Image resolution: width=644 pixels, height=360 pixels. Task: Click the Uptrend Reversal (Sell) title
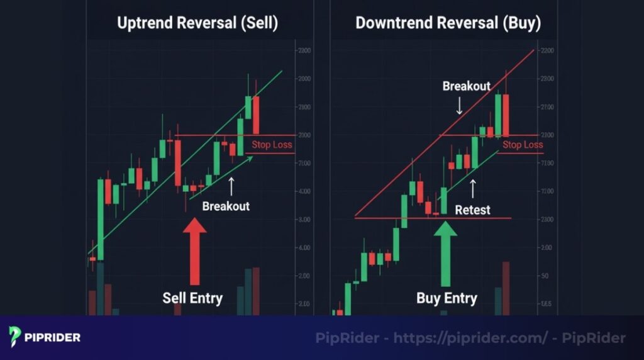coord(197,23)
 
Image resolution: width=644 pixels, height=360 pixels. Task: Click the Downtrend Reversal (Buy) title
coord(448,23)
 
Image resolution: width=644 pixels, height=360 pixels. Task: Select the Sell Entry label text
coord(192,298)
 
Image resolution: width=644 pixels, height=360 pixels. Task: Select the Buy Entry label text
coord(447,298)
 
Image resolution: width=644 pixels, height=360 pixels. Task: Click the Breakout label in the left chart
coord(226,206)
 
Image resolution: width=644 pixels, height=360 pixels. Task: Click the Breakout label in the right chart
coord(466,86)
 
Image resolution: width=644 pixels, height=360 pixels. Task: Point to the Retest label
coord(472,210)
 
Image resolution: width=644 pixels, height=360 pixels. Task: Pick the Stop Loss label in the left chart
coord(272,145)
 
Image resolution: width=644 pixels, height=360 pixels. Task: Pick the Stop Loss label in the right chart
coord(522,145)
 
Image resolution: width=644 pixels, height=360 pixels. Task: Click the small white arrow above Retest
coord(473,188)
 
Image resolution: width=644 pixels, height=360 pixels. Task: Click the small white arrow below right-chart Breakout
coord(459,105)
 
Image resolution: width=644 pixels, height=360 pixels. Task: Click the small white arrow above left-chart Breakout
coord(231,185)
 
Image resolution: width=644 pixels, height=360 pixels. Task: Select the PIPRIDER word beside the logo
coord(53,337)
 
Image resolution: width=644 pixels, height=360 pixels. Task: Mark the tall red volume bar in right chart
coord(506,288)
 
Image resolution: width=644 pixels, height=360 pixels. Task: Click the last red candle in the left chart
coord(256,115)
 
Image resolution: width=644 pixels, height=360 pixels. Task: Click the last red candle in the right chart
coord(506,115)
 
